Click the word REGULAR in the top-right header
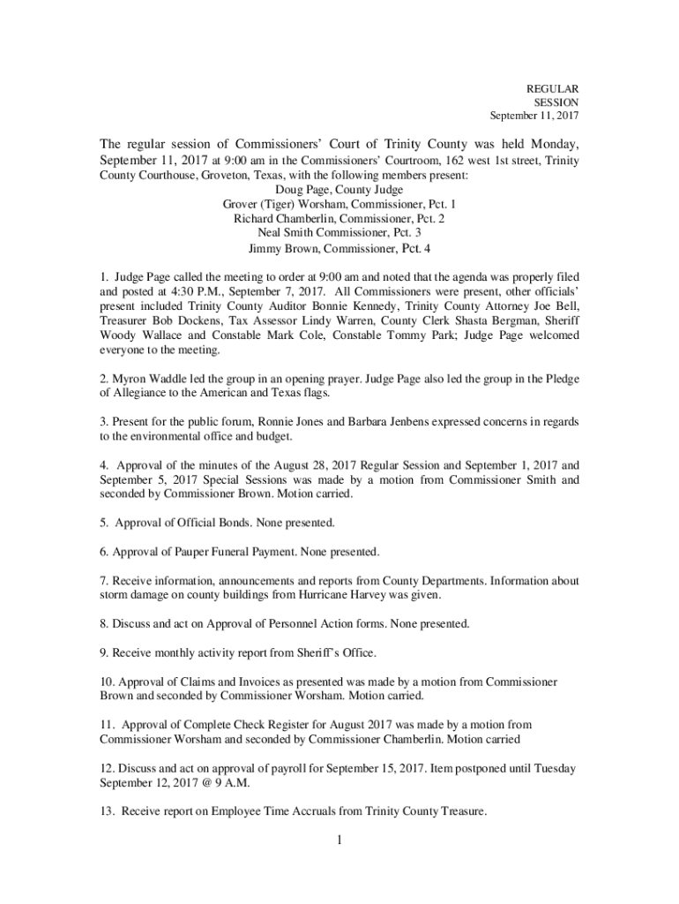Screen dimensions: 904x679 coord(553,89)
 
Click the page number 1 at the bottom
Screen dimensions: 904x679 coord(338,840)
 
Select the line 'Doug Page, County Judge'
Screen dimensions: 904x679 coord(339,190)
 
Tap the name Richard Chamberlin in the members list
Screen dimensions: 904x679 coord(281,218)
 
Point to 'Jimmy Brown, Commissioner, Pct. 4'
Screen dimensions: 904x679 coord(339,248)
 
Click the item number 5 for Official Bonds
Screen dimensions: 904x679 coord(103,523)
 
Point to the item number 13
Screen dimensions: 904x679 coord(106,811)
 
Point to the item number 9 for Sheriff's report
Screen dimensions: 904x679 coord(103,652)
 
